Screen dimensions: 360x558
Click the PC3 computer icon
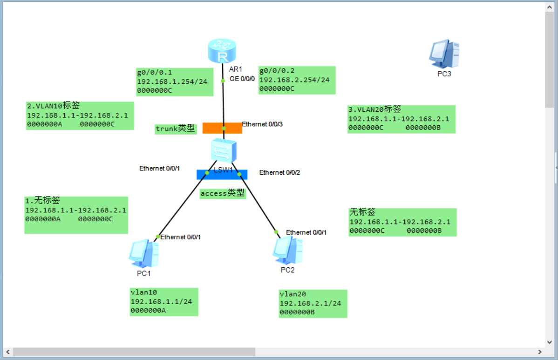pos(444,54)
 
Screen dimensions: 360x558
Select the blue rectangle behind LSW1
pos(222,175)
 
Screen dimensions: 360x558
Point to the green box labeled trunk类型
pos(175,129)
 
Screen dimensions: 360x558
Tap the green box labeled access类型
pos(223,193)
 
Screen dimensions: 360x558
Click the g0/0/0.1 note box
pos(175,82)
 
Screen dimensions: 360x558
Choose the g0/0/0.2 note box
pos(297,80)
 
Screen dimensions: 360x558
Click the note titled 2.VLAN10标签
pos(80,115)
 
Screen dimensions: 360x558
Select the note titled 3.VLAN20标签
pos(401,119)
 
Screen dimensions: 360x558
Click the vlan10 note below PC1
pos(164,302)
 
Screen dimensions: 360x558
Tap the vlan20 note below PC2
pos(313,304)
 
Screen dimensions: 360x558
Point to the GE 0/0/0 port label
pos(242,79)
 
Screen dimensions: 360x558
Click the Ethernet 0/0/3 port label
pos(262,124)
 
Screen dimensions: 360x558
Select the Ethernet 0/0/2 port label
pos(279,172)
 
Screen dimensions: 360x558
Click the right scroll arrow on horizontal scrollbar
pos(540,352)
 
